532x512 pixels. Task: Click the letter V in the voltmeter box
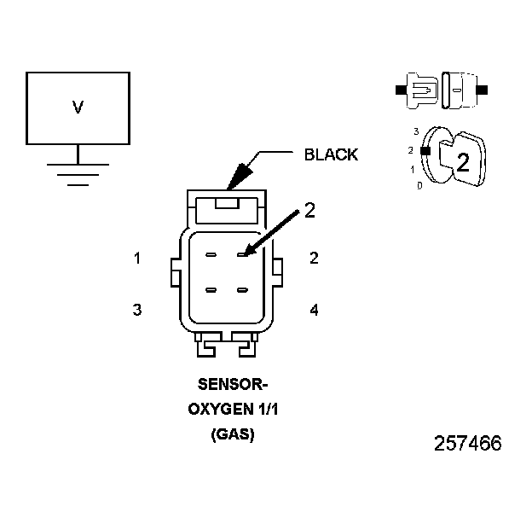tap(78, 108)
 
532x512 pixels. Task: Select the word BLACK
tap(331, 154)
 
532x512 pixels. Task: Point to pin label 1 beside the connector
tap(137, 258)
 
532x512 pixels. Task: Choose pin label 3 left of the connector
tap(137, 310)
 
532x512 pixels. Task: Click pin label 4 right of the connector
tap(314, 310)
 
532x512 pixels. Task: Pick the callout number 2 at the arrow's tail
tap(309, 210)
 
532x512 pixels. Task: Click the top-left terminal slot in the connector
tap(212, 254)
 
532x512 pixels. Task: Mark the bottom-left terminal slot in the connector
tap(212, 291)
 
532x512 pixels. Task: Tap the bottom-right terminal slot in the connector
tap(243, 291)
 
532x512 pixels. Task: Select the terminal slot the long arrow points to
tap(243, 254)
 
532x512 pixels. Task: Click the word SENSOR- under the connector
tap(227, 383)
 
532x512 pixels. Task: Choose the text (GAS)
tap(232, 435)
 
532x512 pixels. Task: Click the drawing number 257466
tap(467, 445)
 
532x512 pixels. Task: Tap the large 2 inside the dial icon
tap(463, 163)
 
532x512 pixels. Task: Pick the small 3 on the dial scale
tap(415, 131)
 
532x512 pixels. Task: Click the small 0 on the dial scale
tap(419, 185)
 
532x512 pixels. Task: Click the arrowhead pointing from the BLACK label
tap(234, 177)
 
